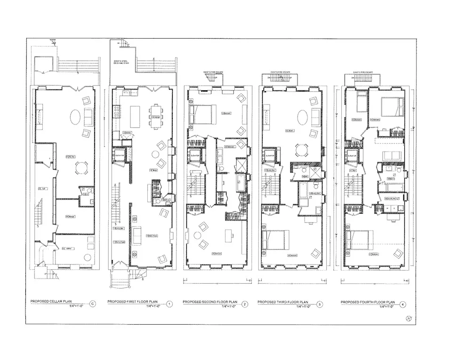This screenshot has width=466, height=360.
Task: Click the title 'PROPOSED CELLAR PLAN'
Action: (x=52, y=301)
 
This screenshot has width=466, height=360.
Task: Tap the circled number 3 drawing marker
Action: (x=320, y=304)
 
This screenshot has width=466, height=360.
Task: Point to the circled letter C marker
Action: (x=93, y=304)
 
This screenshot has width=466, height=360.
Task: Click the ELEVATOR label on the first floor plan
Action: (x=119, y=155)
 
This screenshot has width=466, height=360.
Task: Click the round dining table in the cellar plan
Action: (x=81, y=168)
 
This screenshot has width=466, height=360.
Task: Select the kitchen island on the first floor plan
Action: (x=135, y=113)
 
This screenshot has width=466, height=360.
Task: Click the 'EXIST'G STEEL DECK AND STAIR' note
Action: (x=121, y=63)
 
